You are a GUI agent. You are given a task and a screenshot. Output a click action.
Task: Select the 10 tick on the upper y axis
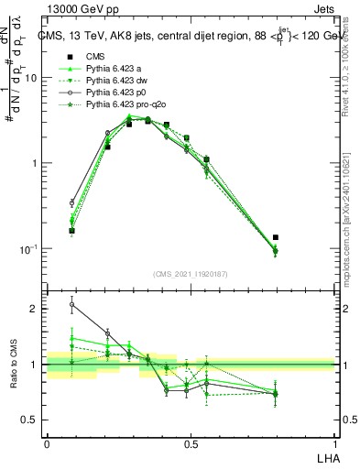pos(36,79)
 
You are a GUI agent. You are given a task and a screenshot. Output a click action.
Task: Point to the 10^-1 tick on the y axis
pos(33,249)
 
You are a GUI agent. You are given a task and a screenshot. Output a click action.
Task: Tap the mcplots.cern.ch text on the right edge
pos(345,229)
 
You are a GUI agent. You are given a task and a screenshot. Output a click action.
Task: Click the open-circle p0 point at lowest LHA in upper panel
pos(72,203)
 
